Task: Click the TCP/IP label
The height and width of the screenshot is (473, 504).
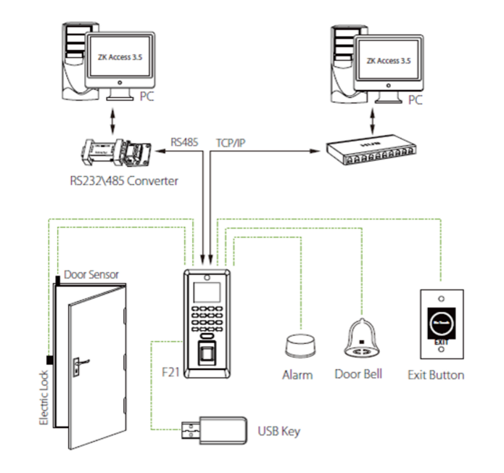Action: click(x=231, y=142)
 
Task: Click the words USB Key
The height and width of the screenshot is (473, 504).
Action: click(x=279, y=431)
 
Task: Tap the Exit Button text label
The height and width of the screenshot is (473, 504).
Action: click(x=437, y=375)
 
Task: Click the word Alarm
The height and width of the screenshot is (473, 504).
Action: click(x=297, y=375)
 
